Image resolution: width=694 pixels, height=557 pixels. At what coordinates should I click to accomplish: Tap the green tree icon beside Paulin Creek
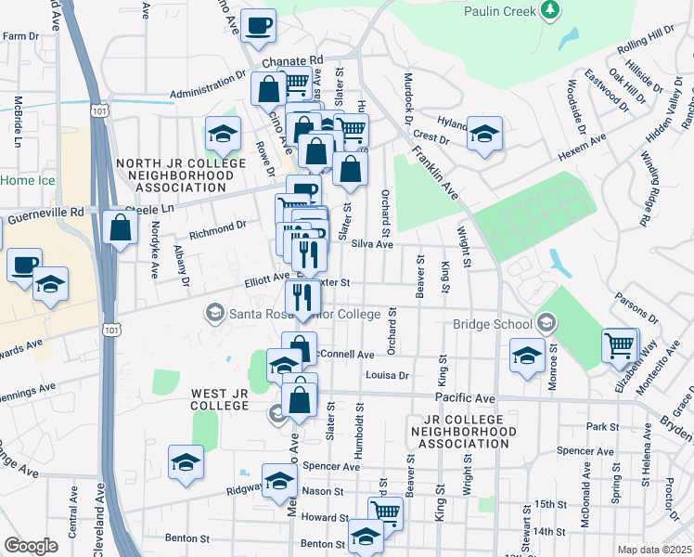[551, 9]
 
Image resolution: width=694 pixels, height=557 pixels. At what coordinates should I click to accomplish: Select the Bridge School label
[492, 324]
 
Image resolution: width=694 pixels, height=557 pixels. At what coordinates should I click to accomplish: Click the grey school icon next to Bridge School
[546, 323]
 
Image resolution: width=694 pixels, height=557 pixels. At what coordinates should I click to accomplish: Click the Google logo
[31, 546]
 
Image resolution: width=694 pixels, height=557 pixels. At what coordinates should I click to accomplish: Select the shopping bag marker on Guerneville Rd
[121, 227]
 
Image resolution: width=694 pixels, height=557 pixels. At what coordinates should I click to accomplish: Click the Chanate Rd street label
[291, 60]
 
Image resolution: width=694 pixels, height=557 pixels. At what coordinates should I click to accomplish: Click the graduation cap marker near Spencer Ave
[186, 462]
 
